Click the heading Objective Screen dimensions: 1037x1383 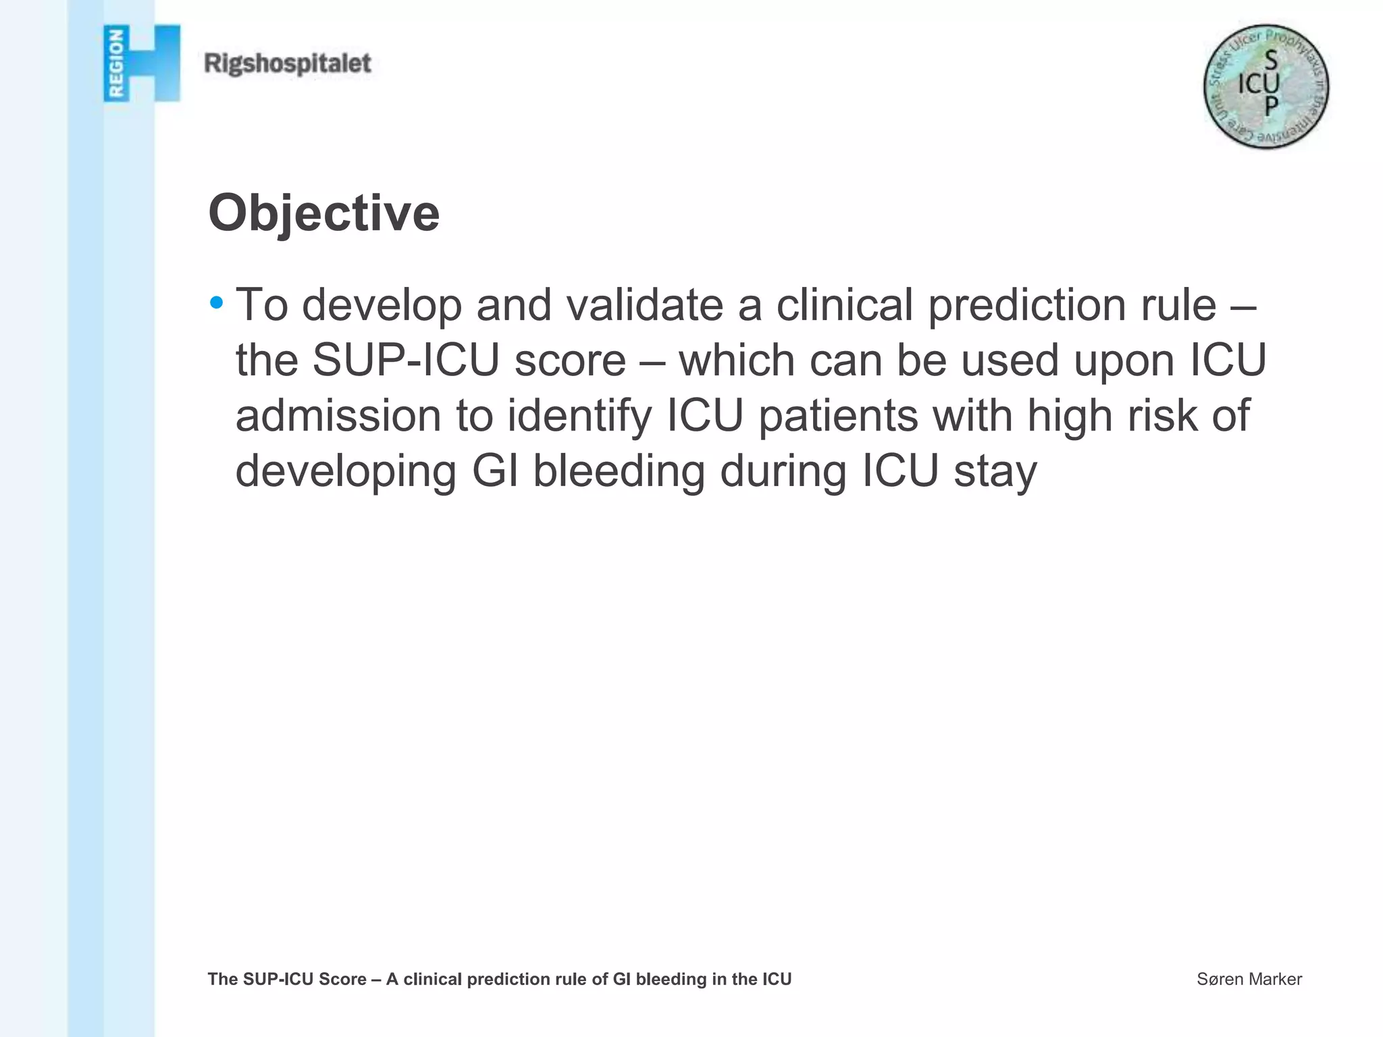(324, 213)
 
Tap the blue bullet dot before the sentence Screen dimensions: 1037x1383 (216, 302)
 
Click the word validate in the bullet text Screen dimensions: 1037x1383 (644, 305)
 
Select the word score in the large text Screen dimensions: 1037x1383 (571, 361)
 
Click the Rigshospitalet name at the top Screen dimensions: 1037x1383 (288, 64)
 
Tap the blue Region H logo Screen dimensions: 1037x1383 (142, 63)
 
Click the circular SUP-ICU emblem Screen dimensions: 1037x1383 (1266, 86)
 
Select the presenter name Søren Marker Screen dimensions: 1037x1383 (1249, 979)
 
